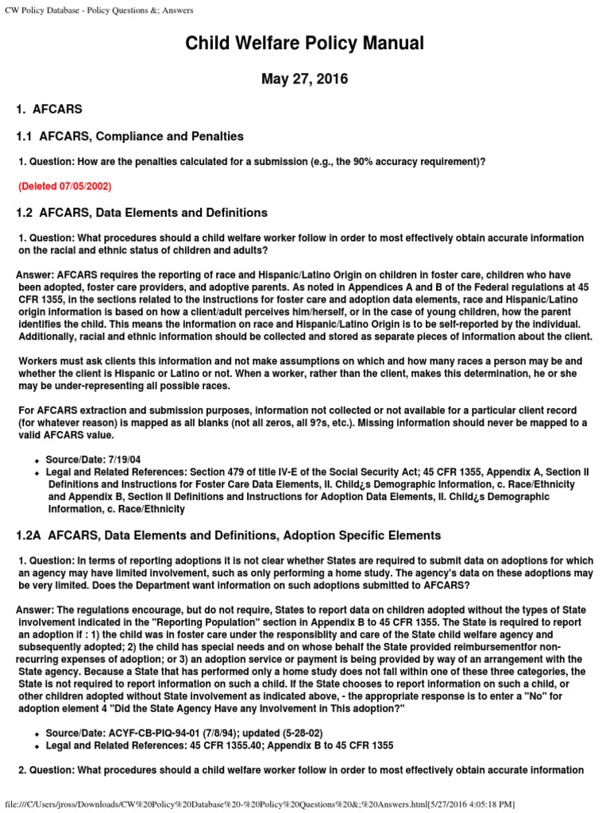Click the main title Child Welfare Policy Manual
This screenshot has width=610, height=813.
coord(304,43)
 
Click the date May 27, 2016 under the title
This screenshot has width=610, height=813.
coord(304,79)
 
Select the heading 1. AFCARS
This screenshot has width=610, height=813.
coord(49,109)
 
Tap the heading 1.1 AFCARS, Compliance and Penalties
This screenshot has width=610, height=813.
coord(129,137)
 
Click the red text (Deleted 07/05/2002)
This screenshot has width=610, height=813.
coord(65,187)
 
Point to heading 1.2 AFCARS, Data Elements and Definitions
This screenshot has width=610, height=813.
coord(142,213)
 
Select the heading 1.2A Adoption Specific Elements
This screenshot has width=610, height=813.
coord(228,536)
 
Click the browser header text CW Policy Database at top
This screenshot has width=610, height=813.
coord(99,10)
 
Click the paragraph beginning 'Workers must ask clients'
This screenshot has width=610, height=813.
coord(302,372)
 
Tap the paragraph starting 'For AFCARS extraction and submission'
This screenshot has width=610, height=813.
coord(302,423)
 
